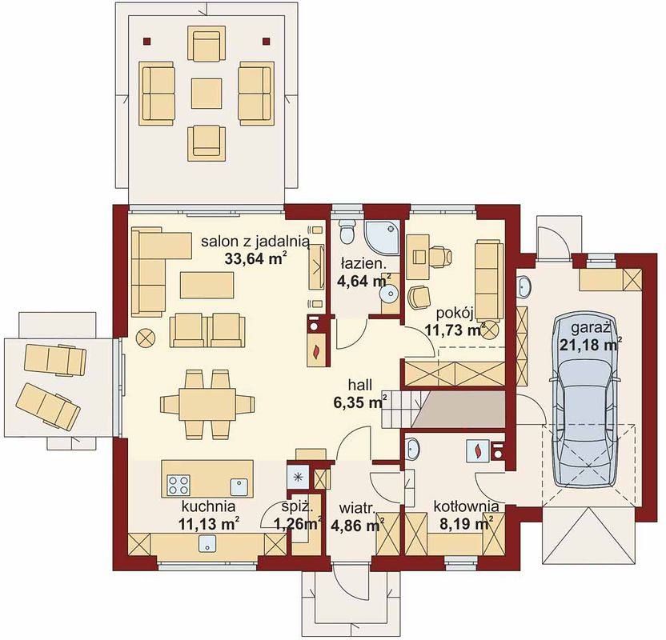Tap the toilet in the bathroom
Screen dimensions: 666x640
[347, 232]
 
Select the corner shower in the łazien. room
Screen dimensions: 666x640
[383, 238]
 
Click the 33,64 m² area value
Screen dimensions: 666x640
[254, 258]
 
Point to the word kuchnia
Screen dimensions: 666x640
[208, 506]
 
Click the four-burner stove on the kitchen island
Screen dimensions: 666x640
[179, 485]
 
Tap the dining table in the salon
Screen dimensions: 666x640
[207, 404]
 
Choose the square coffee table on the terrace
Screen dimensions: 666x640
[207, 93]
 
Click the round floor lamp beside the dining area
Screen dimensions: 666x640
[146, 338]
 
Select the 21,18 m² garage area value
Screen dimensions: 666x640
[588, 345]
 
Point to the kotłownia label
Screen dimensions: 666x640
[466, 506]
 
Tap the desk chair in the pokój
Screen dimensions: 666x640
[439, 255]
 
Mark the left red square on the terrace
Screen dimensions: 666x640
[146, 41]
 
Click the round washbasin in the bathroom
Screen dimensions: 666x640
[389, 293]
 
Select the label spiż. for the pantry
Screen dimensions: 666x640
[297, 506]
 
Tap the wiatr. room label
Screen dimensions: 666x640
[357, 508]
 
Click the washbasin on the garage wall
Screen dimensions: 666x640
[524, 287]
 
